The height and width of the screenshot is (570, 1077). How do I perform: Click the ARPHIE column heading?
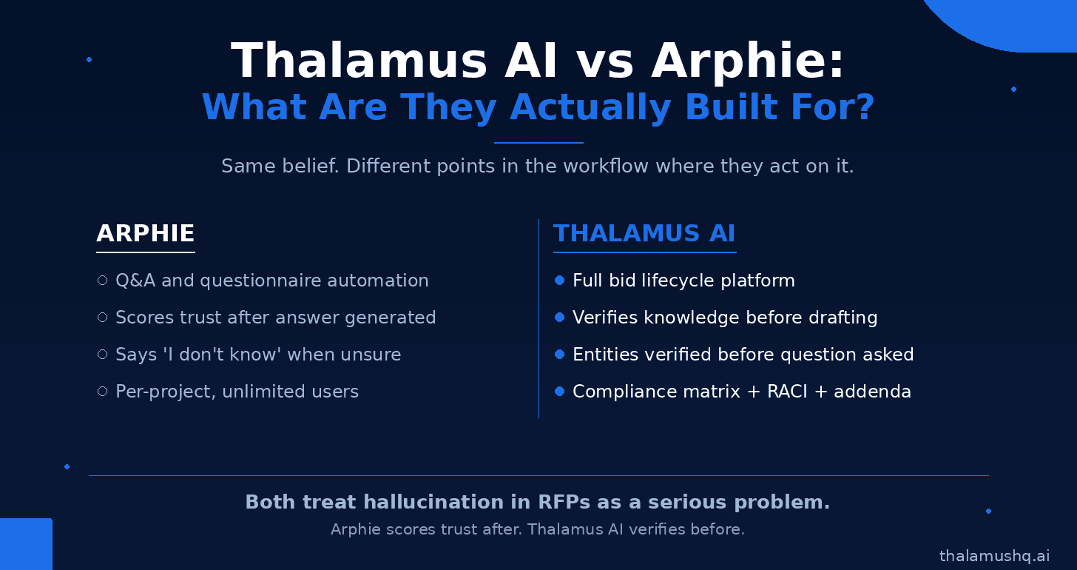(145, 233)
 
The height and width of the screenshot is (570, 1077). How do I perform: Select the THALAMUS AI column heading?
(644, 233)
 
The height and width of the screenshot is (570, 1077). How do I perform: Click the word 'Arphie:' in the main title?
(747, 61)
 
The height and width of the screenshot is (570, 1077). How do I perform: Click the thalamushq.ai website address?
(994, 556)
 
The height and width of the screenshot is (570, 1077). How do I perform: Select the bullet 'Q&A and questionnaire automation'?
(272, 281)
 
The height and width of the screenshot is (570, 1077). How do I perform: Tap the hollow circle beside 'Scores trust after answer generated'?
(102, 318)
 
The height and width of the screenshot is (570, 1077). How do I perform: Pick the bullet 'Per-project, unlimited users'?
(237, 392)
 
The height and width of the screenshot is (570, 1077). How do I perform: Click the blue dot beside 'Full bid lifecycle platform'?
(559, 281)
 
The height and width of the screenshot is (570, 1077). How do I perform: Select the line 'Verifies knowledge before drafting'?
(725, 318)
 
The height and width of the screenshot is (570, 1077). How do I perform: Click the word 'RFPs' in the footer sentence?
(564, 502)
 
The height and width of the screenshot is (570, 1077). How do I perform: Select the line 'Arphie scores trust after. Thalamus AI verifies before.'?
(538, 529)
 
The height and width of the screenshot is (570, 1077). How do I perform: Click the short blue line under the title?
(538, 143)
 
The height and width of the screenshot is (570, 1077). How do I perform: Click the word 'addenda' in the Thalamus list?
(872, 392)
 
